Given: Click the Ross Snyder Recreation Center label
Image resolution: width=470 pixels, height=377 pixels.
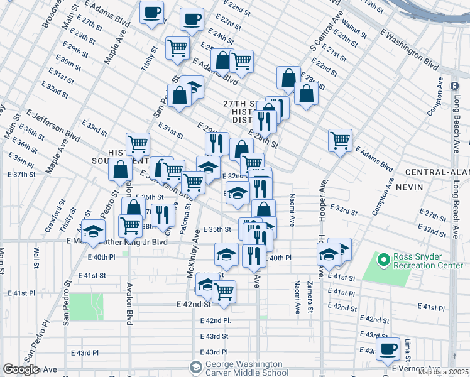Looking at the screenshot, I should tap(428, 261).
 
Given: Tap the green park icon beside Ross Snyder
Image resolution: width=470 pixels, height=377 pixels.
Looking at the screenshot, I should tap(383, 258).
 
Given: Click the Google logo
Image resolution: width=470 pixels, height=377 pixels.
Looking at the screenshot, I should tap(21, 369).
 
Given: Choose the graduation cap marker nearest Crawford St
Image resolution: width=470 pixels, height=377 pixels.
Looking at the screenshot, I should tap(93, 232).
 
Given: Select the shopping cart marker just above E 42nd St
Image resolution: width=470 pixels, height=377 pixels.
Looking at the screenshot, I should tap(224, 292).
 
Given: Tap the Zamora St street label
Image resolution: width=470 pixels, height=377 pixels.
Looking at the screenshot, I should tap(309, 297).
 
